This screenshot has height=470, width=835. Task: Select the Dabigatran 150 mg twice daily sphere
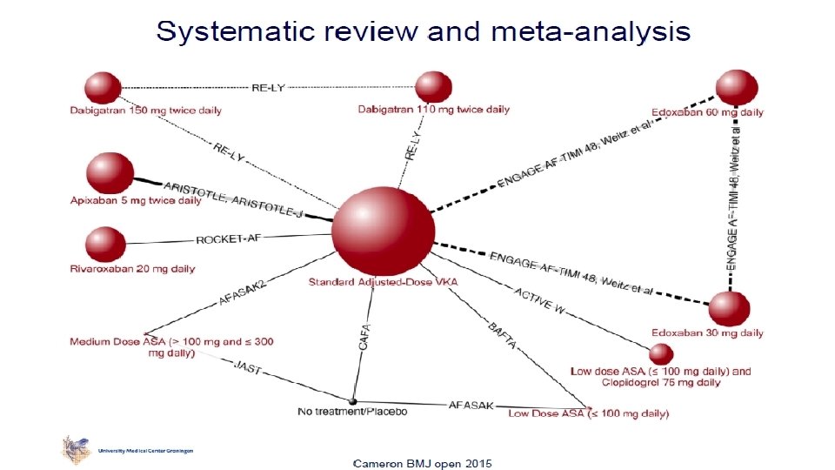click(103, 87)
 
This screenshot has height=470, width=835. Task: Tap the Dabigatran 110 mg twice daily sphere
click(433, 87)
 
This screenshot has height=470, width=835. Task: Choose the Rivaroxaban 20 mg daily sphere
click(105, 245)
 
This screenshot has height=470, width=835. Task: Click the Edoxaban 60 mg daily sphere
click(737, 88)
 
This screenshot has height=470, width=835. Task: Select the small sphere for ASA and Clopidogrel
click(661, 353)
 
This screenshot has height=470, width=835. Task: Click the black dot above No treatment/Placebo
click(353, 400)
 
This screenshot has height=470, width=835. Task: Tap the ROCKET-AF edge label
click(228, 239)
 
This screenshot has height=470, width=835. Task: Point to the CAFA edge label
click(365, 338)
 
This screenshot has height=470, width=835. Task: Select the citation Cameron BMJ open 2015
click(422, 461)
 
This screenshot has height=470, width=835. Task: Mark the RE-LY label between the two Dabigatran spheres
click(268, 88)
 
